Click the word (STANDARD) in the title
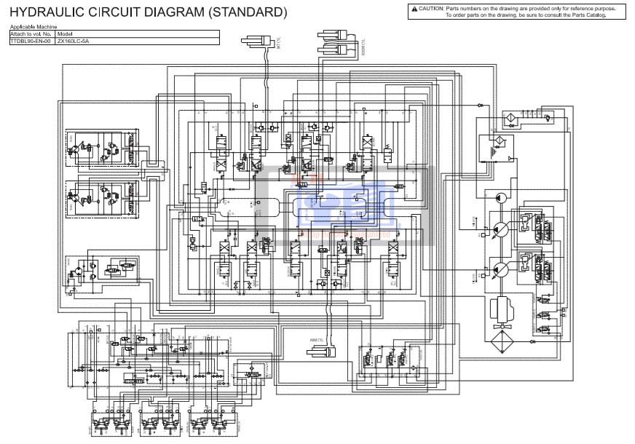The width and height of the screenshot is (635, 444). [x=248, y=12]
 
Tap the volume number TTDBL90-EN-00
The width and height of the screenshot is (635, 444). [x=31, y=41]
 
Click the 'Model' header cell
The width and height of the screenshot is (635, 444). [x=65, y=34]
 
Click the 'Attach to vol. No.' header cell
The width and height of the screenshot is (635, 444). [x=31, y=34]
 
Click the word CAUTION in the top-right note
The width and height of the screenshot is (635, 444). [x=431, y=8]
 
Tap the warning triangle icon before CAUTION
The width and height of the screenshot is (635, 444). [x=414, y=8]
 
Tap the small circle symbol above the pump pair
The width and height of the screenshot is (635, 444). [x=501, y=198]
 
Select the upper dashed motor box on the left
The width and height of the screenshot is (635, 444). [x=102, y=151]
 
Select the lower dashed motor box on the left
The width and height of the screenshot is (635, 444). [x=102, y=197]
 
